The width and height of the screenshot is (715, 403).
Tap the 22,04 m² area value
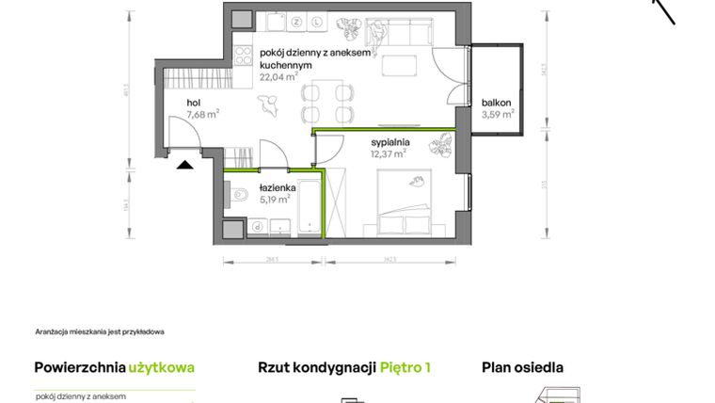click(x=278, y=78)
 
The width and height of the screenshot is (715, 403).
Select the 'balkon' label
click(x=497, y=103)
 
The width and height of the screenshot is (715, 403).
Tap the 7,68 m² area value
click(x=203, y=114)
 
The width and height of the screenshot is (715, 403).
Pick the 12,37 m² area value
click(x=388, y=153)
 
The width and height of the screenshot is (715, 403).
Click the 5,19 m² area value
click(x=275, y=199)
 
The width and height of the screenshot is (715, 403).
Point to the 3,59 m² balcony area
click(x=498, y=115)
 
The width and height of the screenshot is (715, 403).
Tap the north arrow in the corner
click(x=665, y=10)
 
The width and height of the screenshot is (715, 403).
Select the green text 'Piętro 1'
click(x=405, y=368)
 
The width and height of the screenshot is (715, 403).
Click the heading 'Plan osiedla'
click(x=522, y=368)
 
